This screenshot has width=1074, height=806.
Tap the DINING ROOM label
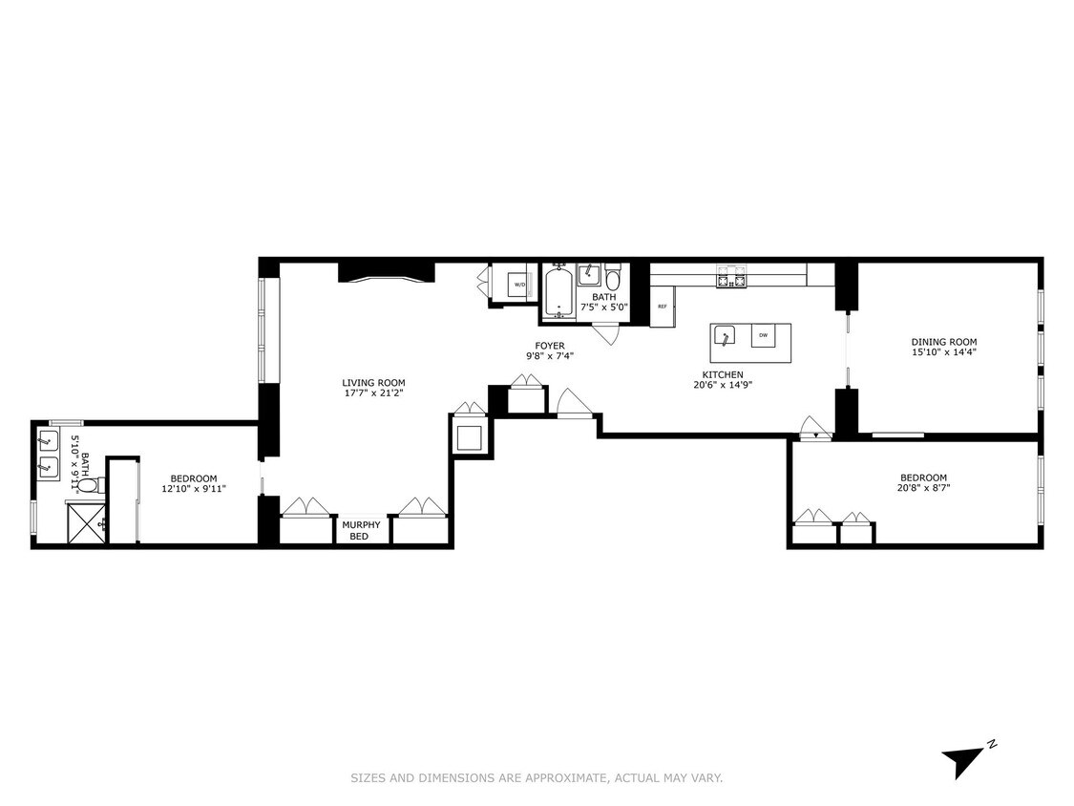(943, 342)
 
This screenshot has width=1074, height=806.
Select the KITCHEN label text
(723, 374)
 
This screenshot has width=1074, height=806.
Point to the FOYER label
(549, 346)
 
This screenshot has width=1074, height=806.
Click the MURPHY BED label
(362, 530)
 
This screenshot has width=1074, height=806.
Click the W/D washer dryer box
(519, 285)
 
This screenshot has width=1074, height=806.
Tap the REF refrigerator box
(662, 307)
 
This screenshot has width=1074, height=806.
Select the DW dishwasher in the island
(763, 335)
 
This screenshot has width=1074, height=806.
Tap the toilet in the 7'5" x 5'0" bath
(613, 279)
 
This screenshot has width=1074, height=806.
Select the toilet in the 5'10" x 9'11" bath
(85, 486)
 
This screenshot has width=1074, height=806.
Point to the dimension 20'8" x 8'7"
(923, 488)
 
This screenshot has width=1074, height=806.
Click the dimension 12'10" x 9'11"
(194, 489)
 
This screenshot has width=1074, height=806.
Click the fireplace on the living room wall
(386, 273)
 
